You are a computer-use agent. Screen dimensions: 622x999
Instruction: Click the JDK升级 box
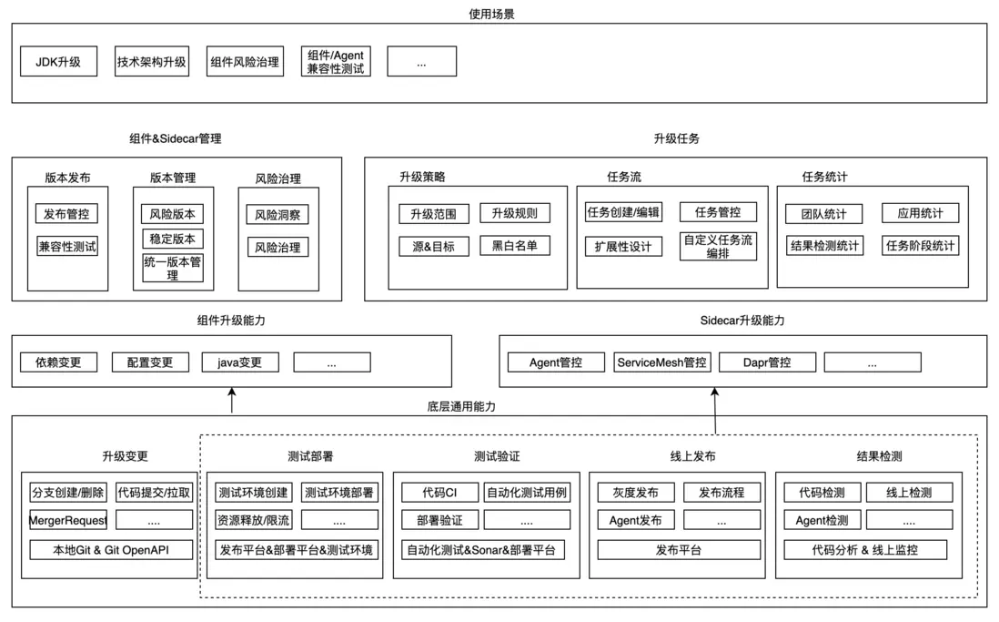pos(58,62)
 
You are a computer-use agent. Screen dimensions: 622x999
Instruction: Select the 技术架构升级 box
pos(152,62)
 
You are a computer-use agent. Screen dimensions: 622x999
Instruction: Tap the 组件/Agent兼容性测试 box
pos(336,62)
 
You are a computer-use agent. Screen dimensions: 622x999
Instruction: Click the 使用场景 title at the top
pos(491,14)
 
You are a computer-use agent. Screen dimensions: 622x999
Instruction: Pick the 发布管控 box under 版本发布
pos(67,214)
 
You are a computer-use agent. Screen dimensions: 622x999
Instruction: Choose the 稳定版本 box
pos(172,240)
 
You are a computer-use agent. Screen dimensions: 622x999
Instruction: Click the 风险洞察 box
pos(277,215)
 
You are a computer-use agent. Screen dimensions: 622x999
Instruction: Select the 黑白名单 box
pos(515,245)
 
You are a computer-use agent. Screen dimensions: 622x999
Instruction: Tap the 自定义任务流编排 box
pos(718,247)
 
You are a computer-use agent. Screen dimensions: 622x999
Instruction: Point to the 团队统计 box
pos(822,214)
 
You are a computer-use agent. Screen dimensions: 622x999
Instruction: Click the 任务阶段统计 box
pos(920,245)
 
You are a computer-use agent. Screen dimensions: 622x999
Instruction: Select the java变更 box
pos(240,362)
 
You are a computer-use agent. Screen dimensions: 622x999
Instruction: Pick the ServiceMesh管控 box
pos(661,362)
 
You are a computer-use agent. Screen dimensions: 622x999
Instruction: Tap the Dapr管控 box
pos(766,362)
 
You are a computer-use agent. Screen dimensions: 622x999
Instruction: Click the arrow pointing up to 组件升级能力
pos(232,400)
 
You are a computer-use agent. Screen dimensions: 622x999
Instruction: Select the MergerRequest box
pos(67,520)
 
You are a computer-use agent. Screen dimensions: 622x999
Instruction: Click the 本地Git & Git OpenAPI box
pos(111,549)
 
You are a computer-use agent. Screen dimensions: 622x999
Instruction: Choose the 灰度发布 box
pos(636,493)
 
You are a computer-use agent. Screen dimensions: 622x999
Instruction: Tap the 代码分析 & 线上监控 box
pos(864,549)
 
